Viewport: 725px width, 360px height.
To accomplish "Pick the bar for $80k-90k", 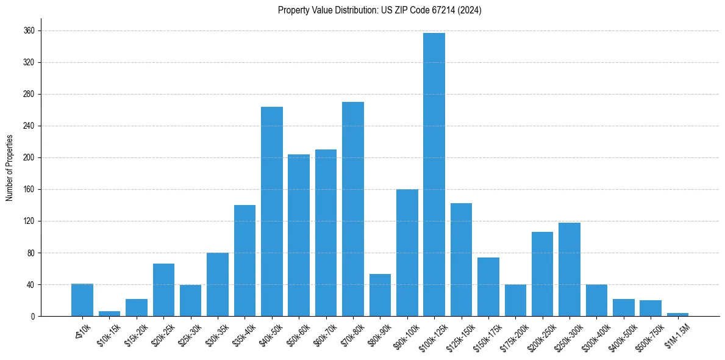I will [380, 295].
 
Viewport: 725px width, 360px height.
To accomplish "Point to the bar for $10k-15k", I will [110, 314].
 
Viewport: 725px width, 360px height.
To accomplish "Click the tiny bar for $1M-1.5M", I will [677, 314].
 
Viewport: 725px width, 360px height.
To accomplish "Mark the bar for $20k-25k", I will [163, 290].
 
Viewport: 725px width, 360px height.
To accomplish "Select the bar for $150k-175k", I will [488, 287].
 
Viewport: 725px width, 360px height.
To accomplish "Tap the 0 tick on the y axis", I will [33, 316].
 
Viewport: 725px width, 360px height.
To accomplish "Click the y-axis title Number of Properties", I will [9, 168].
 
